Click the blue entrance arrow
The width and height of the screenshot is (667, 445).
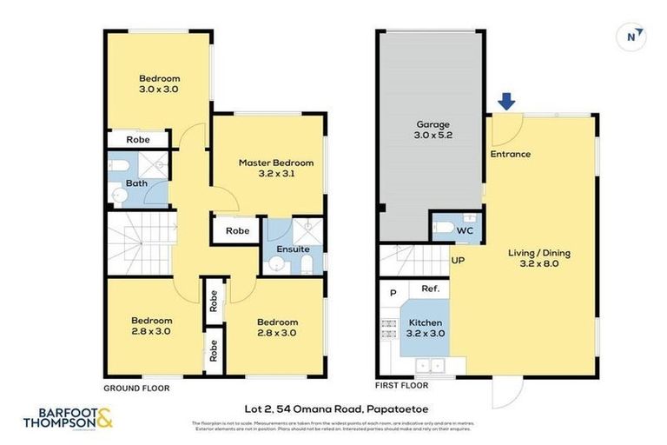(x=506, y=102)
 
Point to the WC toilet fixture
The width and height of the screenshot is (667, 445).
(x=441, y=229)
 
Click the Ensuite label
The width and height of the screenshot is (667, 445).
(x=293, y=249)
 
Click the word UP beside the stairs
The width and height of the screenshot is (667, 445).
(x=458, y=259)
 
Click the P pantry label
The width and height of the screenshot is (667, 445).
(x=393, y=293)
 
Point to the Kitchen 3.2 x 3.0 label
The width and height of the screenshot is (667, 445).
(x=426, y=327)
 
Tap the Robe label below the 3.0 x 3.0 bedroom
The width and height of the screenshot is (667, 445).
(x=137, y=139)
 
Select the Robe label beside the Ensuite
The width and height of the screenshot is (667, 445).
(x=237, y=231)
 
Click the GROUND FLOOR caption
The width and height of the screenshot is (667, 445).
(x=136, y=388)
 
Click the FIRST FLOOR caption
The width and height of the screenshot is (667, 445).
(x=402, y=383)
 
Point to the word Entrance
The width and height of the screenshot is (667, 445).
(x=510, y=154)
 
